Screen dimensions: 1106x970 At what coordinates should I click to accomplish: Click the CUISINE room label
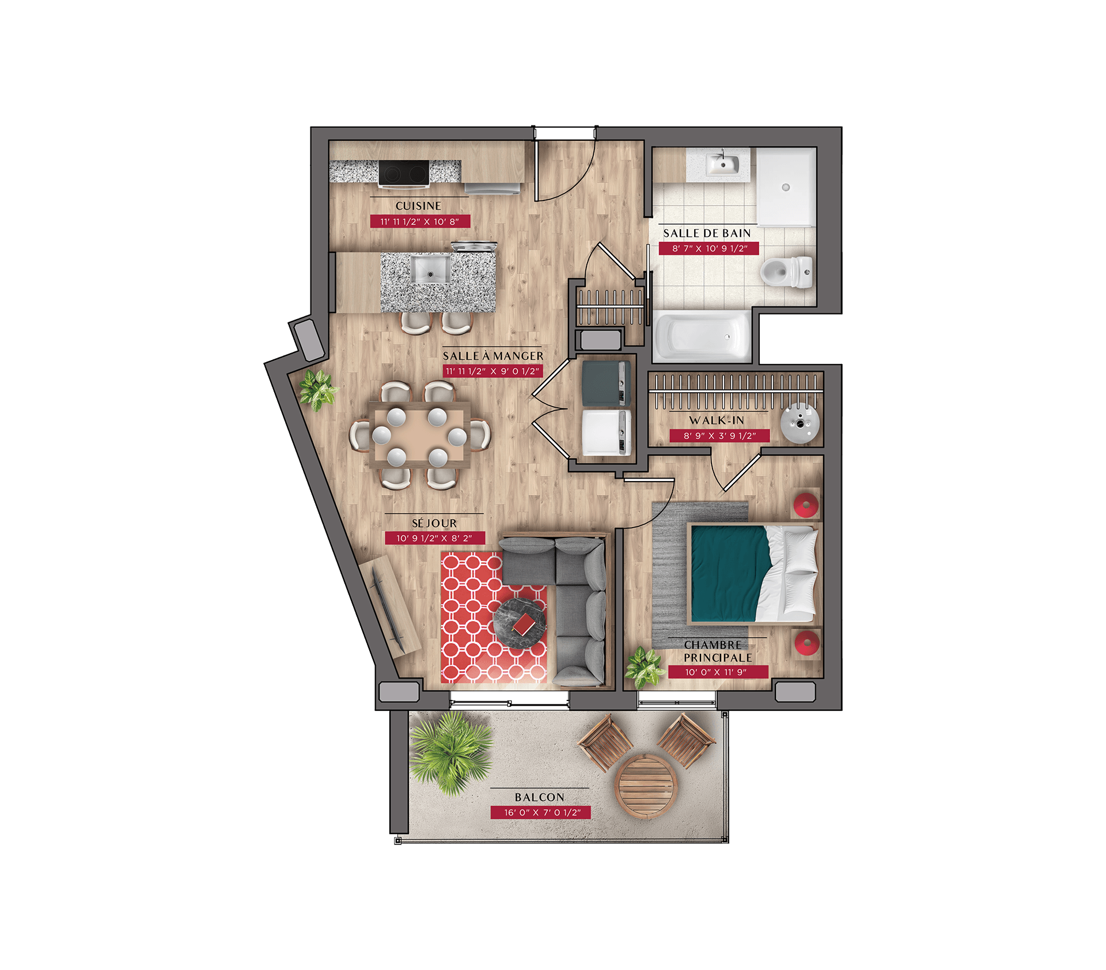pyautogui.click(x=418, y=206)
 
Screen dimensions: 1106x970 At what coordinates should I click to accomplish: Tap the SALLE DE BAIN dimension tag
pyautogui.click(x=709, y=248)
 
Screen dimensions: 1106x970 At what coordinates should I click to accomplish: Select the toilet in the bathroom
pyautogui.click(x=786, y=272)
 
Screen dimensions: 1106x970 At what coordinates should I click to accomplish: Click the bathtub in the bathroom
pyautogui.click(x=702, y=336)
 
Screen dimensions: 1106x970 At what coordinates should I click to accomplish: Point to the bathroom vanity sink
pyautogui.click(x=723, y=164)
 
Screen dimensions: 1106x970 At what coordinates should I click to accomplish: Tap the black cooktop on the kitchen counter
pyautogui.click(x=404, y=172)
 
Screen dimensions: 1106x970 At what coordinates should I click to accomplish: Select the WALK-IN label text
pyautogui.click(x=717, y=420)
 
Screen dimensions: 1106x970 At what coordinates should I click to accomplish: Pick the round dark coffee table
pyautogui.click(x=520, y=624)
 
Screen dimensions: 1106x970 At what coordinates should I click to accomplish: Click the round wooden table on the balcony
pyautogui.click(x=645, y=787)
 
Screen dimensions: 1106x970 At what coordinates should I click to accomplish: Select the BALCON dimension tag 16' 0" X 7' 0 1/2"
pyautogui.click(x=540, y=812)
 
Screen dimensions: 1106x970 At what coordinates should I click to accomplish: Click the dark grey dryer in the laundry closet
pyautogui.click(x=606, y=382)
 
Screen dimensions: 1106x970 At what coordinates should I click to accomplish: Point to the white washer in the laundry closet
pyautogui.click(x=606, y=432)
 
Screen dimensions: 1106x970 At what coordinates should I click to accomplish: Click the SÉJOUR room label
pyautogui.click(x=434, y=523)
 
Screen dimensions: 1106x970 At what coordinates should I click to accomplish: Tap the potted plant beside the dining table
pyautogui.click(x=317, y=389)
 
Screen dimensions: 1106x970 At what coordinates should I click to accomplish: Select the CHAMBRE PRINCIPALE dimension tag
pyautogui.click(x=718, y=672)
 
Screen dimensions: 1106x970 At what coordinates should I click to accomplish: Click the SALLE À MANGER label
pyautogui.click(x=493, y=356)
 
